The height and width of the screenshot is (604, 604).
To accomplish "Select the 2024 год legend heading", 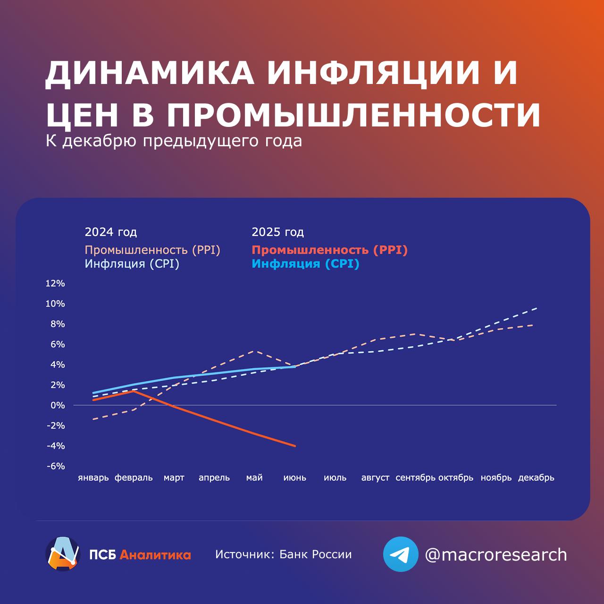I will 111,232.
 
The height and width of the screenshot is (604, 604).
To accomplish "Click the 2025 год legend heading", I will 278,232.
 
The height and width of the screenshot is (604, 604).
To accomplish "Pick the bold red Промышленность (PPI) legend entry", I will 329,250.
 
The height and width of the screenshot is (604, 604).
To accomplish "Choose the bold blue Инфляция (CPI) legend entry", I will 305,264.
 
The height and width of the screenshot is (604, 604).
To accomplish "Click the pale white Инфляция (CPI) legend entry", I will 132,264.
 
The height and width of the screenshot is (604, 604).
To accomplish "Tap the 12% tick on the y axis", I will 55,284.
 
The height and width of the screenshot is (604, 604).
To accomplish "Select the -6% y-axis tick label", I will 55,466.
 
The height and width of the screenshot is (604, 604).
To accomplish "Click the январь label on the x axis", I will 93,478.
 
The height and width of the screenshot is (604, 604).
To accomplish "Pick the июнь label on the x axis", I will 295,478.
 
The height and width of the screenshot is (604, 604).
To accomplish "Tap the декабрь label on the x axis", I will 536,478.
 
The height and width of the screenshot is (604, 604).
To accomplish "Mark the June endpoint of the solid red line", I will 295,445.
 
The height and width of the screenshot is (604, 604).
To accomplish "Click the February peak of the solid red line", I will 134,391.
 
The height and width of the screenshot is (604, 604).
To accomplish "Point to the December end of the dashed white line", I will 537,308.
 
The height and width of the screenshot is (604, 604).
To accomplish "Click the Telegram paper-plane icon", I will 401,554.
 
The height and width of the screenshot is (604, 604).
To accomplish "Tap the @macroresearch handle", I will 496,555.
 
